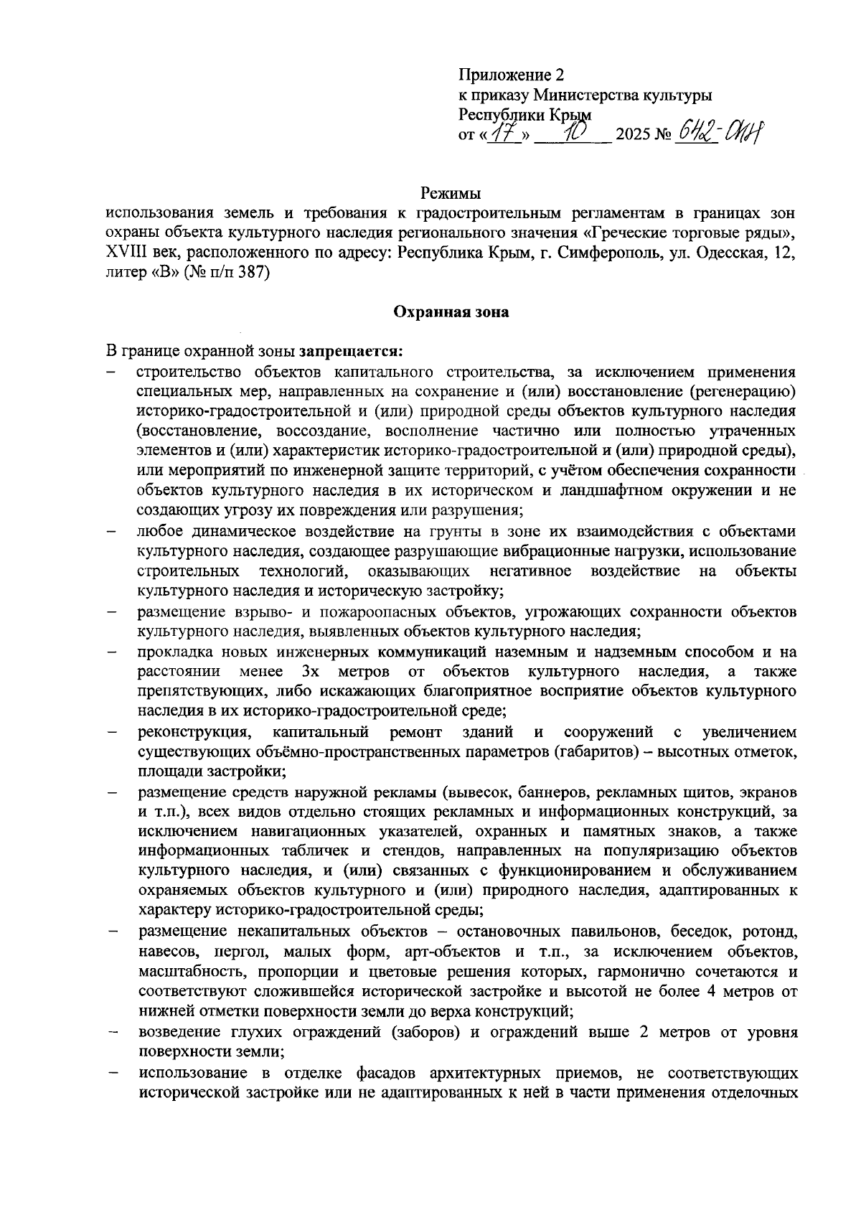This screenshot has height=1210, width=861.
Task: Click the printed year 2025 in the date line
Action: pyautogui.click(x=632, y=135)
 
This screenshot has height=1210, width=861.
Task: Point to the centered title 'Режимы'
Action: pyautogui.click(x=450, y=194)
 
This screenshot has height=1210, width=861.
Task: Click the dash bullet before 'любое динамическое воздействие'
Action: pyautogui.click(x=112, y=532)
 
